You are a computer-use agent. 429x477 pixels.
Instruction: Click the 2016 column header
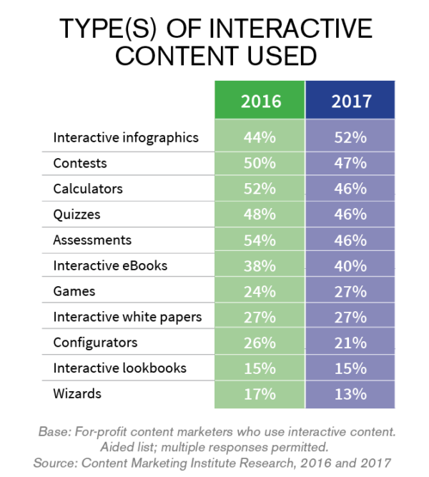tap(260, 101)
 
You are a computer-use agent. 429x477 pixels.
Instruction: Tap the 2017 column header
tap(351, 101)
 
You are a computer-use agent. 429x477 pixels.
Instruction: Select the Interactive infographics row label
tap(125, 137)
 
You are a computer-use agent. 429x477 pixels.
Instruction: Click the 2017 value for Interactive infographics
tap(351, 137)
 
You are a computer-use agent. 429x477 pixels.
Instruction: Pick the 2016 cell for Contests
tap(260, 163)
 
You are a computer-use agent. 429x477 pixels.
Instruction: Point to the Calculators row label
tap(88, 189)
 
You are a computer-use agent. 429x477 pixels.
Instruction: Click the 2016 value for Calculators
tap(260, 189)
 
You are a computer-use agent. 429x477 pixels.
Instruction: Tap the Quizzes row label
tap(77, 214)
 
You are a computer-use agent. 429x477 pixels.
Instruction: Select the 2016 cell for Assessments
tap(260, 240)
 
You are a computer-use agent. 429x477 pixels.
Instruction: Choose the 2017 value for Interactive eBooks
tap(351, 265)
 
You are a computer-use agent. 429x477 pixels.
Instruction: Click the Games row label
tap(74, 291)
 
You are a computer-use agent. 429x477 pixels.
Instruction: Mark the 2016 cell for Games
tap(260, 291)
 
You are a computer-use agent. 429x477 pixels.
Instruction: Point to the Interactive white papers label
tap(128, 317)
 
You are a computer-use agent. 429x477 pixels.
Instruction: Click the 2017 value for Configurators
tap(351, 342)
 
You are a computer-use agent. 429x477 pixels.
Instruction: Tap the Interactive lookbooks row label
tap(119, 368)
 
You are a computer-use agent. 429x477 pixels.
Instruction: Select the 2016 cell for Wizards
tap(260, 393)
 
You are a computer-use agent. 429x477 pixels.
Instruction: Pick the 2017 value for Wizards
tap(351, 393)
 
